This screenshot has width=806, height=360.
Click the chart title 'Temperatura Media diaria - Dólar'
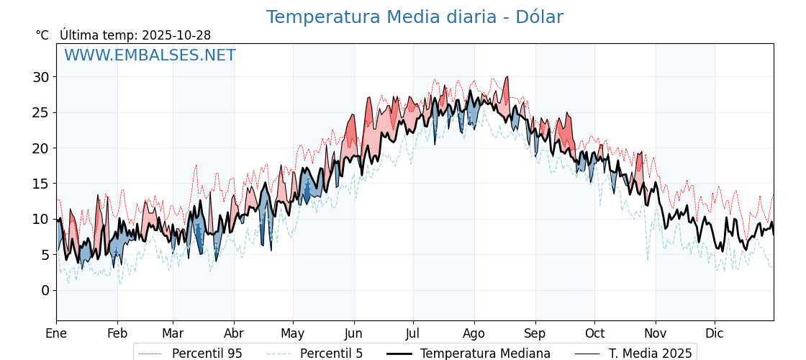click(x=415, y=17)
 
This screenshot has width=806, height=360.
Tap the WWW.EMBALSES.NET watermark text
click(x=150, y=55)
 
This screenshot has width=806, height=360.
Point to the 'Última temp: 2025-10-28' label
click(x=135, y=35)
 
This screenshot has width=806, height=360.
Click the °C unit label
click(x=42, y=35)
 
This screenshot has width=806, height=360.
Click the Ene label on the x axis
click(x=56, y=333)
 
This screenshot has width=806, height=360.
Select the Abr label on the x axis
click(x=234, y=333)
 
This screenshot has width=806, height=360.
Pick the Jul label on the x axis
click(x=413, y=333)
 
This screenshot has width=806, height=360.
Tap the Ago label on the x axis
click(x=474, y=333)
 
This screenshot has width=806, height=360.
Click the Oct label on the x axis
click(x=594, y=333)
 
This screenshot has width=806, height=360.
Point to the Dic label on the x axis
click(x=715, y=333)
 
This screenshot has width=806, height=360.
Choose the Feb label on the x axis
click(x=117, y=333)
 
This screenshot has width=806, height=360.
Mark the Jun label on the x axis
click(x=353, y=333)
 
